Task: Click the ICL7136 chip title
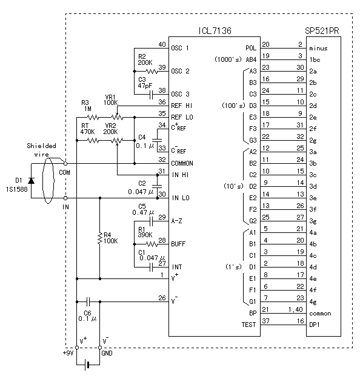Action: [215, 30]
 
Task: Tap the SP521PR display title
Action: [322, 31]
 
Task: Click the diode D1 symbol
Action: [31, 181]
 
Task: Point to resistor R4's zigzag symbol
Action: [99, 238]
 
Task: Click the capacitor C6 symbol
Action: [88, 301]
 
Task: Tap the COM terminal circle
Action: [65, 163]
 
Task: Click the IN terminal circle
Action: [65, 198]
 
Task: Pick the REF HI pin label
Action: [182, 106]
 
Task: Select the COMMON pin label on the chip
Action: [182, 163]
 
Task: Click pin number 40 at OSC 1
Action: [162, 44]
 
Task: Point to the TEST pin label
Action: [248, 325]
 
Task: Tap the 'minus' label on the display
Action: [318, 49]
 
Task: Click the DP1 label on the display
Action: [315, 325]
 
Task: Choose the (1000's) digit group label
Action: [228, 59]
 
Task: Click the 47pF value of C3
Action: [145, 86]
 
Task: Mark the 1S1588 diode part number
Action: [17, 189]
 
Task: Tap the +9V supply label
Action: [68, 353]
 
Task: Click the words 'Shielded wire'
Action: [41, 150]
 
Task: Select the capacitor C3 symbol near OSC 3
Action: [151, 95]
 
